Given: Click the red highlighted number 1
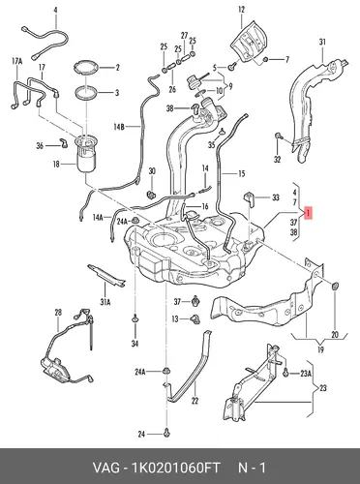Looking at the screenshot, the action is pos(309,213).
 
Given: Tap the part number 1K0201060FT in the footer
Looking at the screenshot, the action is pos(176,468).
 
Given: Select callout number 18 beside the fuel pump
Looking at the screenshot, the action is pos(56,165).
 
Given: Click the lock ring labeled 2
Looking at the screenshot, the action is pos(86,68).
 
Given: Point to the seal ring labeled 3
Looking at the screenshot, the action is pos(86,93).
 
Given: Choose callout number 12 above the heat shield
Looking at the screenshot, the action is pos(242,10).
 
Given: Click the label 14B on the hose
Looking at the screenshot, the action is pos(118,127).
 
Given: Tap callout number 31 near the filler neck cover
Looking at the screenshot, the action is pos(322,42).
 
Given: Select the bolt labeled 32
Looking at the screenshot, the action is pos(279,136).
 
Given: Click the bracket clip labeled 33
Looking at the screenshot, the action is pos(250,197).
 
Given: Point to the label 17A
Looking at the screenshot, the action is pos(17,61).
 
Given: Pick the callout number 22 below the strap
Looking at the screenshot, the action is pos(195,401).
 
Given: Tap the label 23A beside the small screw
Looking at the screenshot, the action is pos(306,374).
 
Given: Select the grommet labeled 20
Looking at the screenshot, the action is pos(335,286).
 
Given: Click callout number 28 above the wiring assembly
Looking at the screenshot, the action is pos(58,313).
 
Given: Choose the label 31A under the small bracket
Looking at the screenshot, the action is pos(105,302).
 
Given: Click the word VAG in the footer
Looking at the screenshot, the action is pos(105,468).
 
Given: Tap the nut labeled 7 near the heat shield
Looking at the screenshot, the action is pos(266,59).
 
